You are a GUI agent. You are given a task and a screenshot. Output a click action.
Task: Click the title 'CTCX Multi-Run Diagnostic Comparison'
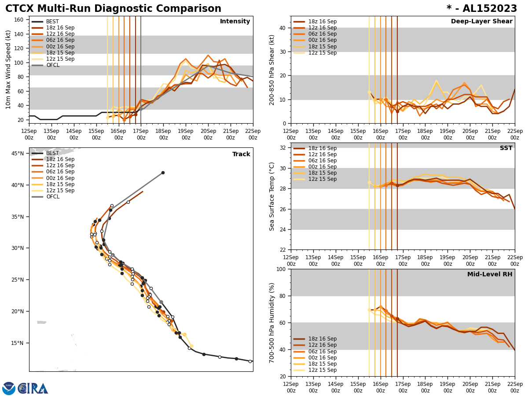[x=113, y=9]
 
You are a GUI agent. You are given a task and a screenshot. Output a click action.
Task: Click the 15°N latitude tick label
[x=18, y=343]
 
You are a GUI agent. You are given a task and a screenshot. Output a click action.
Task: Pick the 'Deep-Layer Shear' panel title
[x=481, y=22]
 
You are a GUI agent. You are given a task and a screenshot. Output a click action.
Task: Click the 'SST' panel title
[x=506, y=148]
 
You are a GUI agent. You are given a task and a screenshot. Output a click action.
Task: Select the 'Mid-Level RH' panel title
[x=489, y=275]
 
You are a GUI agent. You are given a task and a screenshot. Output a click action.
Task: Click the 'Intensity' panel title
[x=235, y=22]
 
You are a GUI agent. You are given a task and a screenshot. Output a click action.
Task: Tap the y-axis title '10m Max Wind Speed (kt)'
[x=8, y=70]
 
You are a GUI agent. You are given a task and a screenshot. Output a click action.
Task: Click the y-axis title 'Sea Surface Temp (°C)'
[x=272, y=196]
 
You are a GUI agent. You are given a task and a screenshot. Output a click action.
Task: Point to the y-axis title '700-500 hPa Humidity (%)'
[x=272, y=323]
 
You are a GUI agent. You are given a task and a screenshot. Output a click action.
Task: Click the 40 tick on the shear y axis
[x=282, y=28]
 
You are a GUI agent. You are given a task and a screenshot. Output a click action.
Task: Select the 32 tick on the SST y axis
[x=282, y=148]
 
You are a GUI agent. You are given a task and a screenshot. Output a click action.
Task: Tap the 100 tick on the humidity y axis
[x=280, y=269]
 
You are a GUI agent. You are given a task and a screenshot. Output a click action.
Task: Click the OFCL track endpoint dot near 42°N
[x=163, y=172]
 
